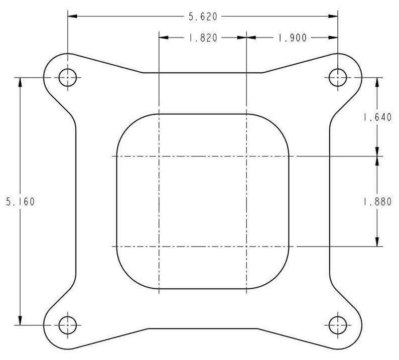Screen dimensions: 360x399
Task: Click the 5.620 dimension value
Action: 203,17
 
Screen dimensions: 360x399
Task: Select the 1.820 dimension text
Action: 203,38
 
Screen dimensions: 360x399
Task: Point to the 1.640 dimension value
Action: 377,118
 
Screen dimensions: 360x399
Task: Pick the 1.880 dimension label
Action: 377,202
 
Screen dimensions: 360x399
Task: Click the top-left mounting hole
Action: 67,77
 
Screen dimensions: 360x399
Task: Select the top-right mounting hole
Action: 337,77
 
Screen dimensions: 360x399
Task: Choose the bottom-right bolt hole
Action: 337,325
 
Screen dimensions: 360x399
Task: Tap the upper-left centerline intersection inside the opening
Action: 159,156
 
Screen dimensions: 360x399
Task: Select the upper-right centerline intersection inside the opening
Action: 246,156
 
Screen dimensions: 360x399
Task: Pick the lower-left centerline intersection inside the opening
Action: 159,247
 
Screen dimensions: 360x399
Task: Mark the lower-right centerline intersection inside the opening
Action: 246,247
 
